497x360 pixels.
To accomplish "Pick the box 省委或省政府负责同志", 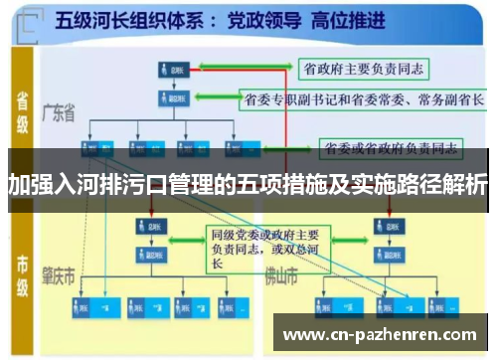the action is pyautogui.click(x=391, y=149).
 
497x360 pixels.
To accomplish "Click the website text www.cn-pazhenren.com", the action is pyautogui.click(x=381, y=335).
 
